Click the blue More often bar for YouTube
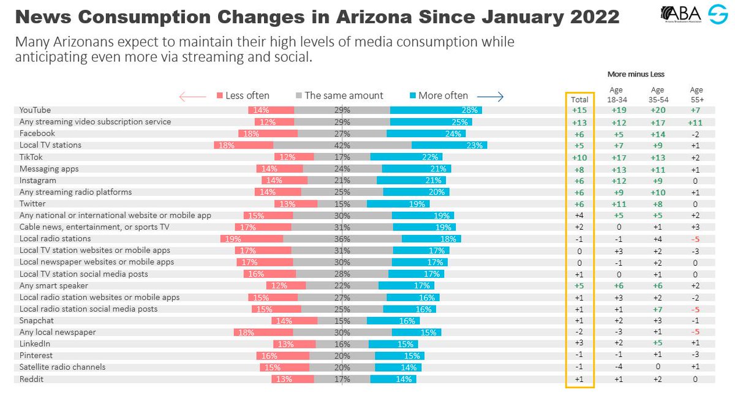pyautogui.click(x=435, y=110)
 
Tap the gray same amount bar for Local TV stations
pyautogui.click(x=342, y=146)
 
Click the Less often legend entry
pyautogui.click(x=243, y=95)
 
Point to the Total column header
pyautogui.click(x=579, y=99)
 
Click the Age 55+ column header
pyautogui.click(x=696, y=94)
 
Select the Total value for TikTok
pyautogui.click(x=579, y=157)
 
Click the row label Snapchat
pyautogui.click(x=37, y=320)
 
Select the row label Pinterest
pyautogui.click(x=36, y=356)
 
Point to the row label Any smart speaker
pyautogui.click(x=54, y=285)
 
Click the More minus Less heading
pyautogui.click(x=636, y=74)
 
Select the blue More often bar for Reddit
pyautogui.click(x=393, y=379)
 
